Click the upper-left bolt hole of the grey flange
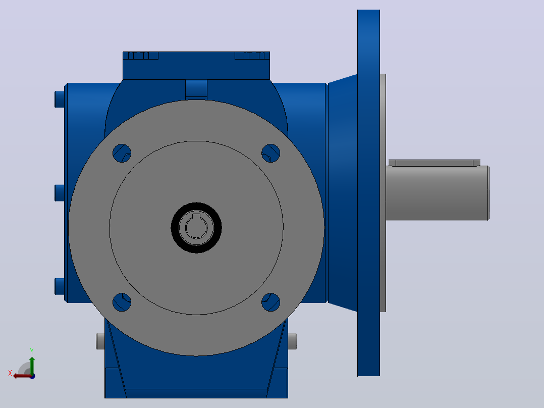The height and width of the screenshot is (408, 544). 122,153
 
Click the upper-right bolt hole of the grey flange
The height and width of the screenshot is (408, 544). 270,153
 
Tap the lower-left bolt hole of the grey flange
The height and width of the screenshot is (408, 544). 122,302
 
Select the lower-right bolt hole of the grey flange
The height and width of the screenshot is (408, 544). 270,302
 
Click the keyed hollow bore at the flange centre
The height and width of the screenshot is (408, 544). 196,227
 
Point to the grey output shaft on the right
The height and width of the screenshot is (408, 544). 438,193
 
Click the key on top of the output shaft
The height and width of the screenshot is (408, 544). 434,163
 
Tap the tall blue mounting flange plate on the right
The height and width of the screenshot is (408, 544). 368,193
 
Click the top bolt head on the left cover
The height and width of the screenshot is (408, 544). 60,99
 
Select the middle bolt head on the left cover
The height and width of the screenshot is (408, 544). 60,193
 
